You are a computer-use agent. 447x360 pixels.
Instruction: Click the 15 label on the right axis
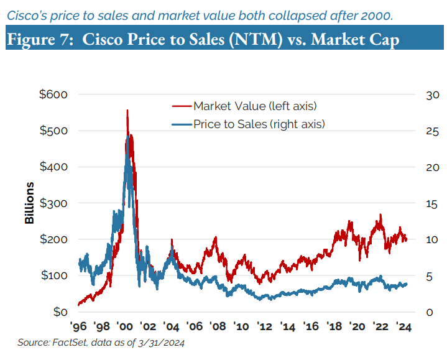[x=432, y=203]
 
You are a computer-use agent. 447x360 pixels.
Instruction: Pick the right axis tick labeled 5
[x=430, y=276]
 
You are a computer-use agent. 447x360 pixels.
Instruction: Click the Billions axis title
[x=30, y=203]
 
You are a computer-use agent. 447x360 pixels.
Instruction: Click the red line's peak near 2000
[x=127, y=111]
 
